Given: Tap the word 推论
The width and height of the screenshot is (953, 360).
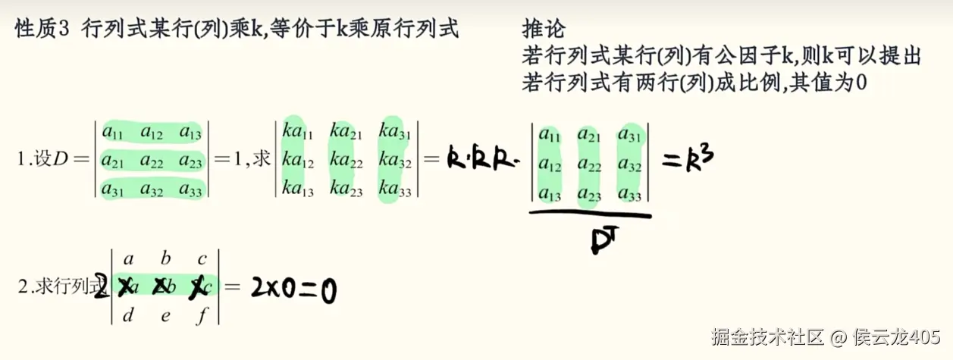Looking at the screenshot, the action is [x=544, y=30].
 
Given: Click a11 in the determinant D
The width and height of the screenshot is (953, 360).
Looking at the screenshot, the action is [x=113, y=133].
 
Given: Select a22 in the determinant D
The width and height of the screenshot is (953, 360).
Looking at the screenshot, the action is [x=152, y=161].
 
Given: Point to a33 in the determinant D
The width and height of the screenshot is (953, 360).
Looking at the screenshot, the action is [x=191, y=189].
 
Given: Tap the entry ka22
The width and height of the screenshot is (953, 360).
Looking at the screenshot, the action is [x=346, y=159].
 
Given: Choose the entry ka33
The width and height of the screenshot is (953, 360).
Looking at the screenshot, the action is [x=395, y=189].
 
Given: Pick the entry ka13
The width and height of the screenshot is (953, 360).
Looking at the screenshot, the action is [x=297, y=189].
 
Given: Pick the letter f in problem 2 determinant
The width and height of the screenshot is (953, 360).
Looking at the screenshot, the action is [x=202, y=315].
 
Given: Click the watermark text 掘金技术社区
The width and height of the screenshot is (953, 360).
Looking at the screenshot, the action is [x=766, y=336].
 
